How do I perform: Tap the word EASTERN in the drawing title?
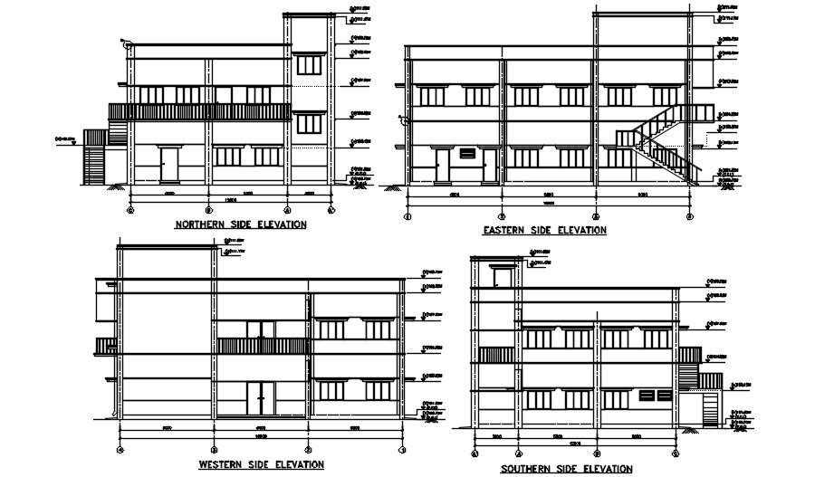(x=505, y=230)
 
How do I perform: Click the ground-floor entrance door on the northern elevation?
(x=168, y=164)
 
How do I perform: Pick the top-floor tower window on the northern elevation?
(x=310, y=64)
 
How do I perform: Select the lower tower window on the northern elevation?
(x=310, y=123)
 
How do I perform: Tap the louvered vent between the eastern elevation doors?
(x=467, y=153)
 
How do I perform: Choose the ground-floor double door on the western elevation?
(x=261, y=399)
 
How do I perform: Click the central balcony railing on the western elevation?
(x=262, y=346)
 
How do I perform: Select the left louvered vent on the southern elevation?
(x=645, y=396)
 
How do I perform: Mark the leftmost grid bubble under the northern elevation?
(x=131, y=210)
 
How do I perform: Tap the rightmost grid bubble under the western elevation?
(x=401, y=449)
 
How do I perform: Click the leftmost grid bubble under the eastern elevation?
(x=407, y=216)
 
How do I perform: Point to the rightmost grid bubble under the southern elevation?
(x=676, y=452)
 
